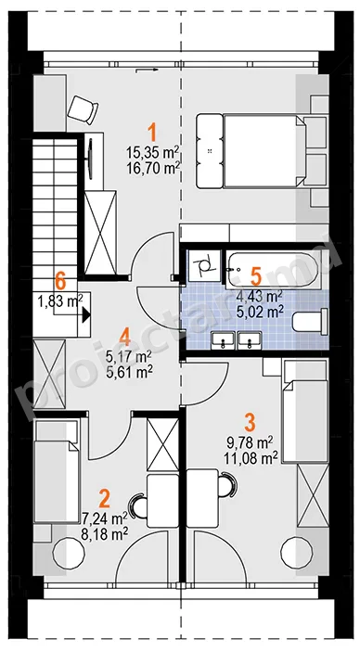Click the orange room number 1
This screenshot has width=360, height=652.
[153, 134]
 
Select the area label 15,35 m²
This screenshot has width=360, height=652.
[153, 152]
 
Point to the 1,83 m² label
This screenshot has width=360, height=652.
[60, 301]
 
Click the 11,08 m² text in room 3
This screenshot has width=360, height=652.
[251, 459]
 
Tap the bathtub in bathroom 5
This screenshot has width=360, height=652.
[272, 270]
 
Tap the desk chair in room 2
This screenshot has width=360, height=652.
[140, 506]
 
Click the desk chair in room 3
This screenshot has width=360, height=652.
[226, 485]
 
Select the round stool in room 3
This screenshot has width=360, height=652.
[296, 551]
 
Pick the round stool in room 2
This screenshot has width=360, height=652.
[69, 553]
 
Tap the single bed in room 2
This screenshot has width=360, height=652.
[57, 471]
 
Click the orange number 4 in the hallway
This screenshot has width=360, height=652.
[124, 337]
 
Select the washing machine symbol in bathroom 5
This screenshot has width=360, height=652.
[204, 264]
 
